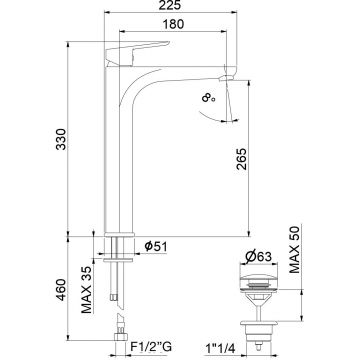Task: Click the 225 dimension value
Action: (170, 5)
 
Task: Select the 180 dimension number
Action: (173, 24)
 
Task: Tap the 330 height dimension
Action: (61, 139)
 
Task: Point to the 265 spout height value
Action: (241, 159)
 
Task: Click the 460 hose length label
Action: (61, 289)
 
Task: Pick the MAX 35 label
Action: (86, 290)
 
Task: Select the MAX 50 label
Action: (295, 249)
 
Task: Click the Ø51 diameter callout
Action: (156, 246)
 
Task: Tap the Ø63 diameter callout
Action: (258, 257)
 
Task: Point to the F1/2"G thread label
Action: (151, 347)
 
